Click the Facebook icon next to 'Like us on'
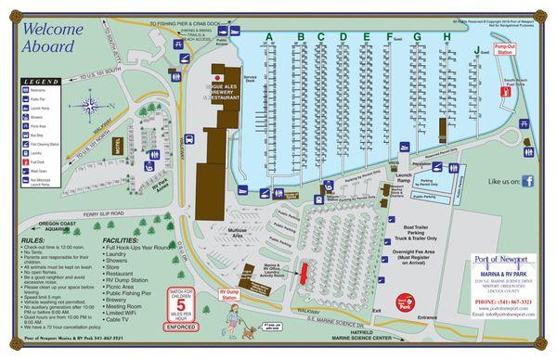527,182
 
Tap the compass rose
90,104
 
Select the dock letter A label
268,37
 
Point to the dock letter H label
447,37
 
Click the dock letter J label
476,48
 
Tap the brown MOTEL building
119,146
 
